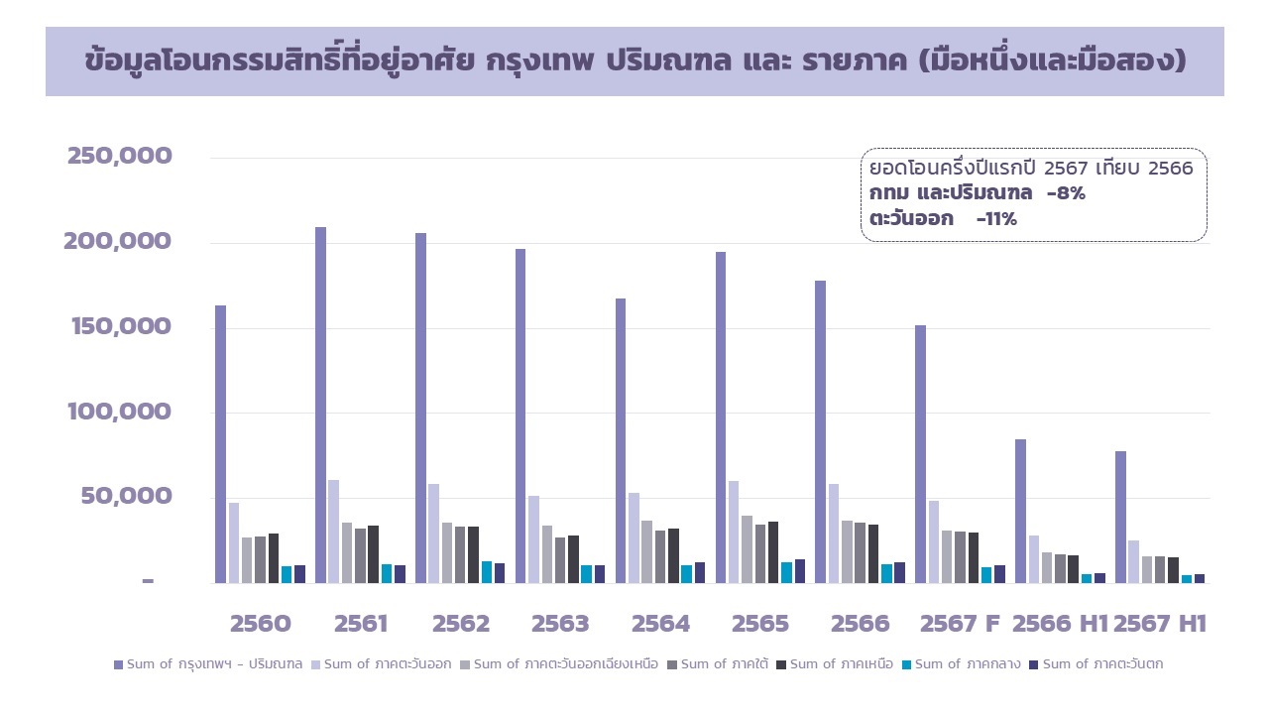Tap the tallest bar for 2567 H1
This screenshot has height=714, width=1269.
1120,517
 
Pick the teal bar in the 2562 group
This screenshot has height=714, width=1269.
486,572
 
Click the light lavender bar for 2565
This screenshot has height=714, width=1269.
734,532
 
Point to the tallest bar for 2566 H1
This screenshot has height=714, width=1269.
1020,511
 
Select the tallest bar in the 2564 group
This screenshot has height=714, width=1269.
621,440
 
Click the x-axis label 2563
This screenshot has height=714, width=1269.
560,624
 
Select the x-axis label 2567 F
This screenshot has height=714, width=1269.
960,624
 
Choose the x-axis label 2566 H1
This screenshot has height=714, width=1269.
1059,624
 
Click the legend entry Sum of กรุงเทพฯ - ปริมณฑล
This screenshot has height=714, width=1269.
208,664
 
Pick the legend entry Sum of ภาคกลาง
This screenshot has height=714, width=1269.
961,664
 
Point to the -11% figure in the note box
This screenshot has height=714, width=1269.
996,219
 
